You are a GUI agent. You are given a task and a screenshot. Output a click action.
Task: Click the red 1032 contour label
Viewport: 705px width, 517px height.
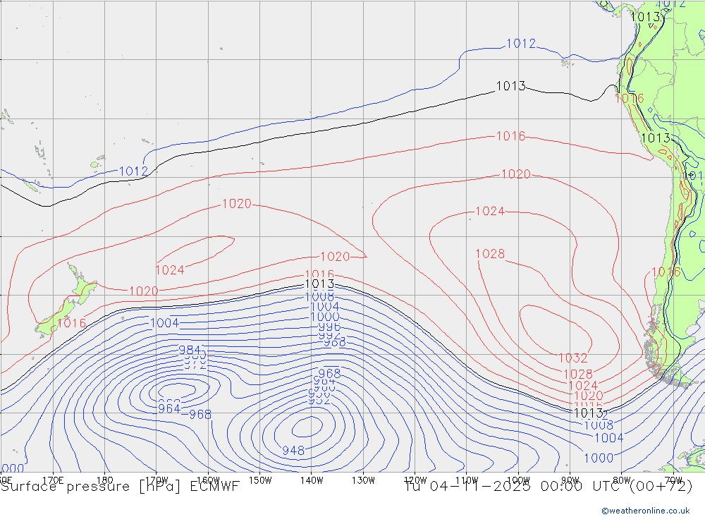coord(572,358)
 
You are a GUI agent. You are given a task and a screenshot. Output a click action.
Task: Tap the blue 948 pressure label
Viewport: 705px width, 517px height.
coord(293,451)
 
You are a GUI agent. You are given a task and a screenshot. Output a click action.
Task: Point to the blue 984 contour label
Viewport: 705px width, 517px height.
coord(190,350)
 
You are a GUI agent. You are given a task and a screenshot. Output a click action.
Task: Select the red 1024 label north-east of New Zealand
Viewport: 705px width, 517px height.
coord(170,270)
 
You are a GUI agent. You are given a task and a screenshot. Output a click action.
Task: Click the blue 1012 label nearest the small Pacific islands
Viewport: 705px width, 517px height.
coord(133,171)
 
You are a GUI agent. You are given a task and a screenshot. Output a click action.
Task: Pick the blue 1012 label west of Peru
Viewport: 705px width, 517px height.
coord(521,44)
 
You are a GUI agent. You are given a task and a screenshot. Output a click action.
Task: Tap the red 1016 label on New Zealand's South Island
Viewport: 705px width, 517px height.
coord(71,323)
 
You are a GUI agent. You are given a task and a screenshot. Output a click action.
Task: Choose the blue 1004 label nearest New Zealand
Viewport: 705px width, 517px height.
coord(164,323)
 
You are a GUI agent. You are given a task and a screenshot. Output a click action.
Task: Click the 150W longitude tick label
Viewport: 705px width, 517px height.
coord(260,480)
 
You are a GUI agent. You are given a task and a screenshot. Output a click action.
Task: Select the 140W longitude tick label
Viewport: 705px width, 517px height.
coord(312,480)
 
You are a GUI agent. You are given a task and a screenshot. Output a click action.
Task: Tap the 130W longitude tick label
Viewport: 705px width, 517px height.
coord(363,480)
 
